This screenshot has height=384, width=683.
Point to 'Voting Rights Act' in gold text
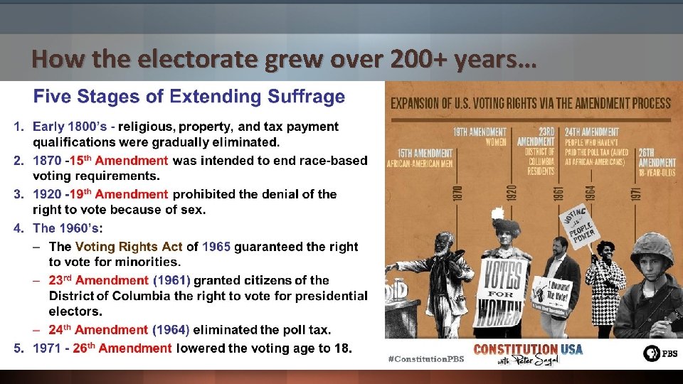pyautogui.click(x=129, y=247)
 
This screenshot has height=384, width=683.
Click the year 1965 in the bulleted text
pyautogui.click(x=216, y=247)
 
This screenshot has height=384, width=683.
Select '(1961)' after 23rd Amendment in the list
pyautogui.click(x=171, y=280)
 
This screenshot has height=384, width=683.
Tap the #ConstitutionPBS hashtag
pyautogui.click(x=426, y=358)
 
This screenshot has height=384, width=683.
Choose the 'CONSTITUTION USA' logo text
pyautogui.click(x=528, y=349)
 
